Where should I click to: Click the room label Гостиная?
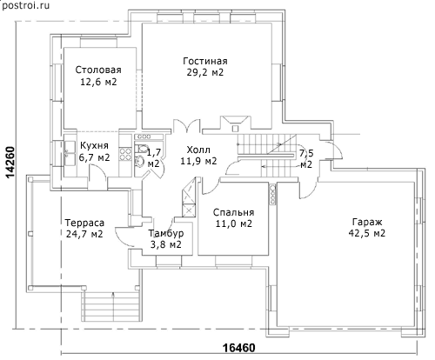(x=205, y=61)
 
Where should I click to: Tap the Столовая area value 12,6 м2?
(x=98, y=82)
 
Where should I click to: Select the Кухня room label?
(x=94, y=145)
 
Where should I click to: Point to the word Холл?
(x=198, y=150)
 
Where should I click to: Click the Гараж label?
(x=367, y=222)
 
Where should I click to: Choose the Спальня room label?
(x=233, y=212)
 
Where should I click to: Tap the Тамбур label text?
(x=166, y=233)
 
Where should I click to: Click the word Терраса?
(x=84, y=223)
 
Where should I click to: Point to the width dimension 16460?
(x=239, y=348)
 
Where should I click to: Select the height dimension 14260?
(x=10, y=163)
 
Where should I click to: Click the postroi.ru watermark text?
(x=25, y=5)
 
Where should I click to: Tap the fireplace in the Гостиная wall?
(x=235, y=124)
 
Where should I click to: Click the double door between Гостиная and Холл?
(x=186, y=126)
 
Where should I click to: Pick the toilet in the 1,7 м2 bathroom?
(x=142, y=149)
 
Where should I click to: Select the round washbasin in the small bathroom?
(x=140, y=161)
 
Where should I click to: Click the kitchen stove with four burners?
(x=125, y=154)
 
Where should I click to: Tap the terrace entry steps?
(x=111, y=306)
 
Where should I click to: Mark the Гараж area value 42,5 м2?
(x=367, y=233)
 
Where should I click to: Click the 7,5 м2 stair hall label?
(x=306, y=158)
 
